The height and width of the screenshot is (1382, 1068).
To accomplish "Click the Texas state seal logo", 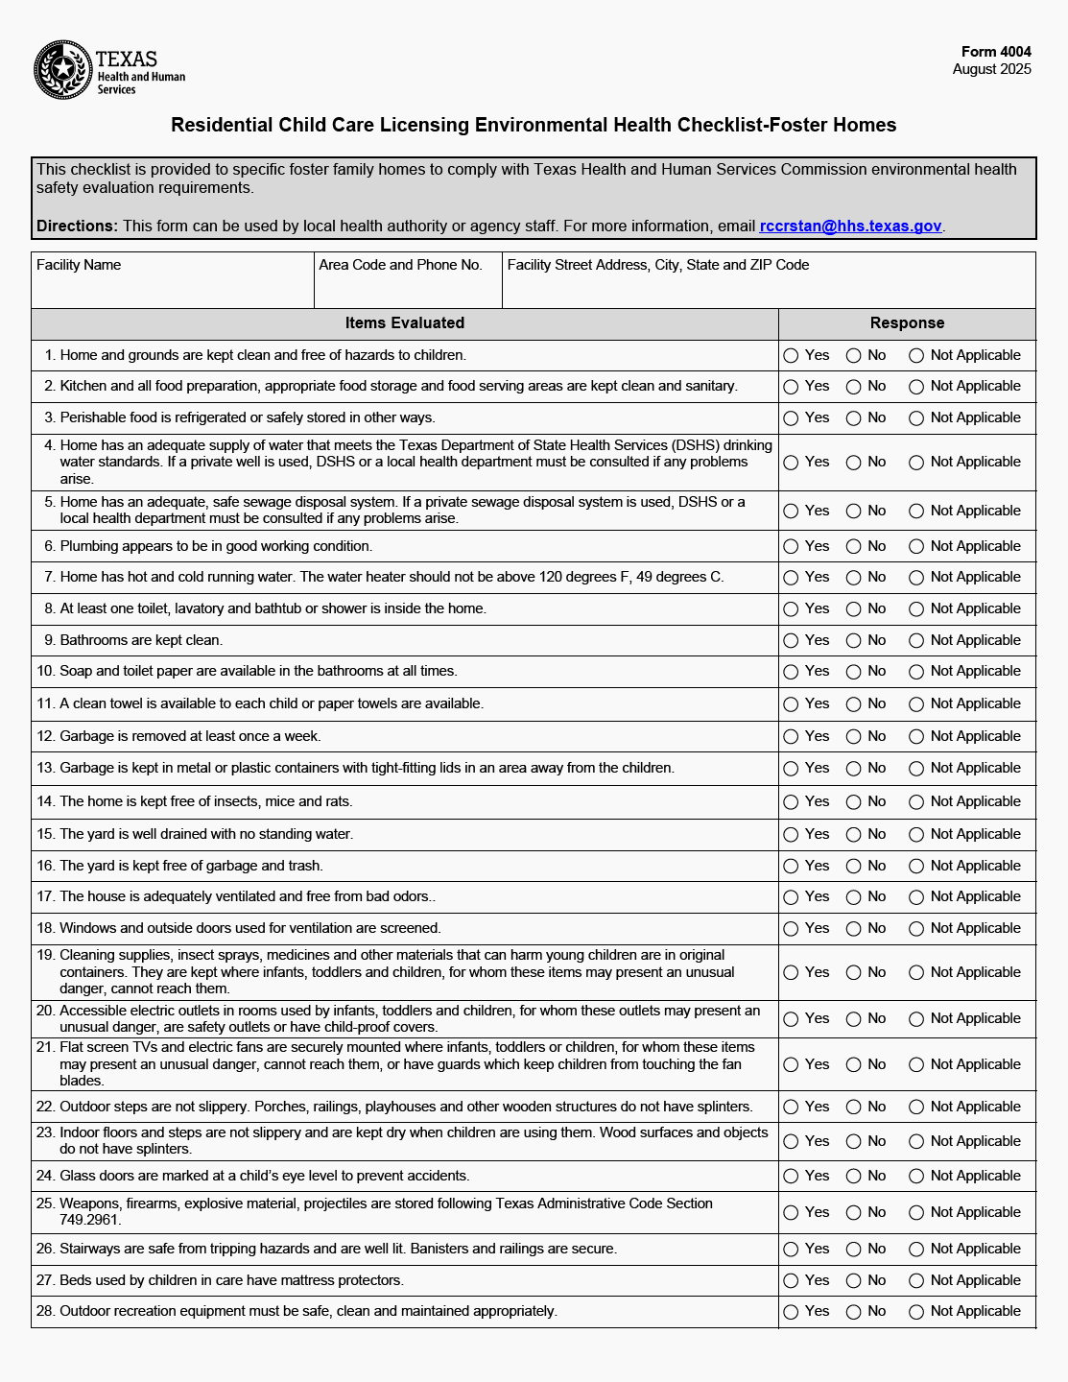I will (62, 69).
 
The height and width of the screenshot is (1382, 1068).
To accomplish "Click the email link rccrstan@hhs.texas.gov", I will (850, 226).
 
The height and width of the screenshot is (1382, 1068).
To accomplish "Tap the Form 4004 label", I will (996, 52).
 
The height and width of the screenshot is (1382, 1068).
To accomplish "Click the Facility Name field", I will (173, 287).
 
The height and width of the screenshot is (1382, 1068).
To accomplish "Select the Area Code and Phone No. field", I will (408, 287).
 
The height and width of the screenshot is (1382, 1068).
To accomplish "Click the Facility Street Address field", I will (768, 287).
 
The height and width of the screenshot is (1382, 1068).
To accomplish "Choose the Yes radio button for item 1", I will (791, 356).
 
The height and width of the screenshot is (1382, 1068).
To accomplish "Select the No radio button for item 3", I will (853, 418).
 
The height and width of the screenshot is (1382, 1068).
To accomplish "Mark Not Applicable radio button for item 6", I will (916, 547).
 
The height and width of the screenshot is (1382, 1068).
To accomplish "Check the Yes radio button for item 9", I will (791, 641).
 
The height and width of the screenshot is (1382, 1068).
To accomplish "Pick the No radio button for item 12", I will (853, 737).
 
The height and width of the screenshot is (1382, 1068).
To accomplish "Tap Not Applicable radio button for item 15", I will (916, 835).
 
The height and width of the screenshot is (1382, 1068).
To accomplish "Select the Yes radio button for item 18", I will (791, 929).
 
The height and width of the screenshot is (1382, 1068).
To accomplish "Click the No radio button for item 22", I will (853, 1108).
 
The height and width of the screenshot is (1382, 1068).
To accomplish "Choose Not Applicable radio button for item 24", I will (916, 1177).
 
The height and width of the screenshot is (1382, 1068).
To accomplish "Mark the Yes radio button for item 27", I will (791, 1281).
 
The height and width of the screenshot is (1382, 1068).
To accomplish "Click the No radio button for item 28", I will (853, 1312).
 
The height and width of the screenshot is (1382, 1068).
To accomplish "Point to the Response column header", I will (907, 323).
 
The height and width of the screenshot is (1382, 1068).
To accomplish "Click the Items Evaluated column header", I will (404, 323).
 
